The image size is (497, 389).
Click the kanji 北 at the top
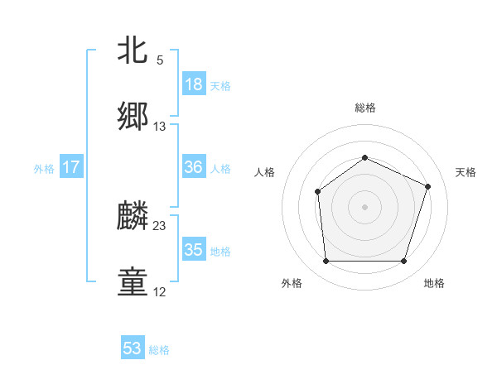[x=133, y=50]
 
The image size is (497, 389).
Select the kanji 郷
[x=133, y=117]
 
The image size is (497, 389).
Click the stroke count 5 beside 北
[x=160, y=60]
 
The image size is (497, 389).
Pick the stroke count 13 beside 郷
[x=160, y=127]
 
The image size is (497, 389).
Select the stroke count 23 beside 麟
[x=160, y=226]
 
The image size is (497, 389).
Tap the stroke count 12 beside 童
[x=160, y=292]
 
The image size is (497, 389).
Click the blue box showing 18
[x=193, y=84]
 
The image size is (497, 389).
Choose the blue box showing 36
[x=193, y=167]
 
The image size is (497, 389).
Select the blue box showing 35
[x=193, y=250]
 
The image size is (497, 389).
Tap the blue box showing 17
[x=70, y=167]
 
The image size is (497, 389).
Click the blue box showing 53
[x=133, y=348]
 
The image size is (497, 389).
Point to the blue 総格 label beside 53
[x=159, y=350]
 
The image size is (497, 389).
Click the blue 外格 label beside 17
[x=44, y=168]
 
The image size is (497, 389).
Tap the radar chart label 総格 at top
[x=364, y=108]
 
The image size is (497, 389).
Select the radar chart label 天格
[x=466, y=172]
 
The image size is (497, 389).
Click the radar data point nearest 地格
[x=403, y=262]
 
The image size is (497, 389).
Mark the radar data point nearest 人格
[x=318, y=192]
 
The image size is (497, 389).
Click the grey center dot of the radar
[x=364, y=207]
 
